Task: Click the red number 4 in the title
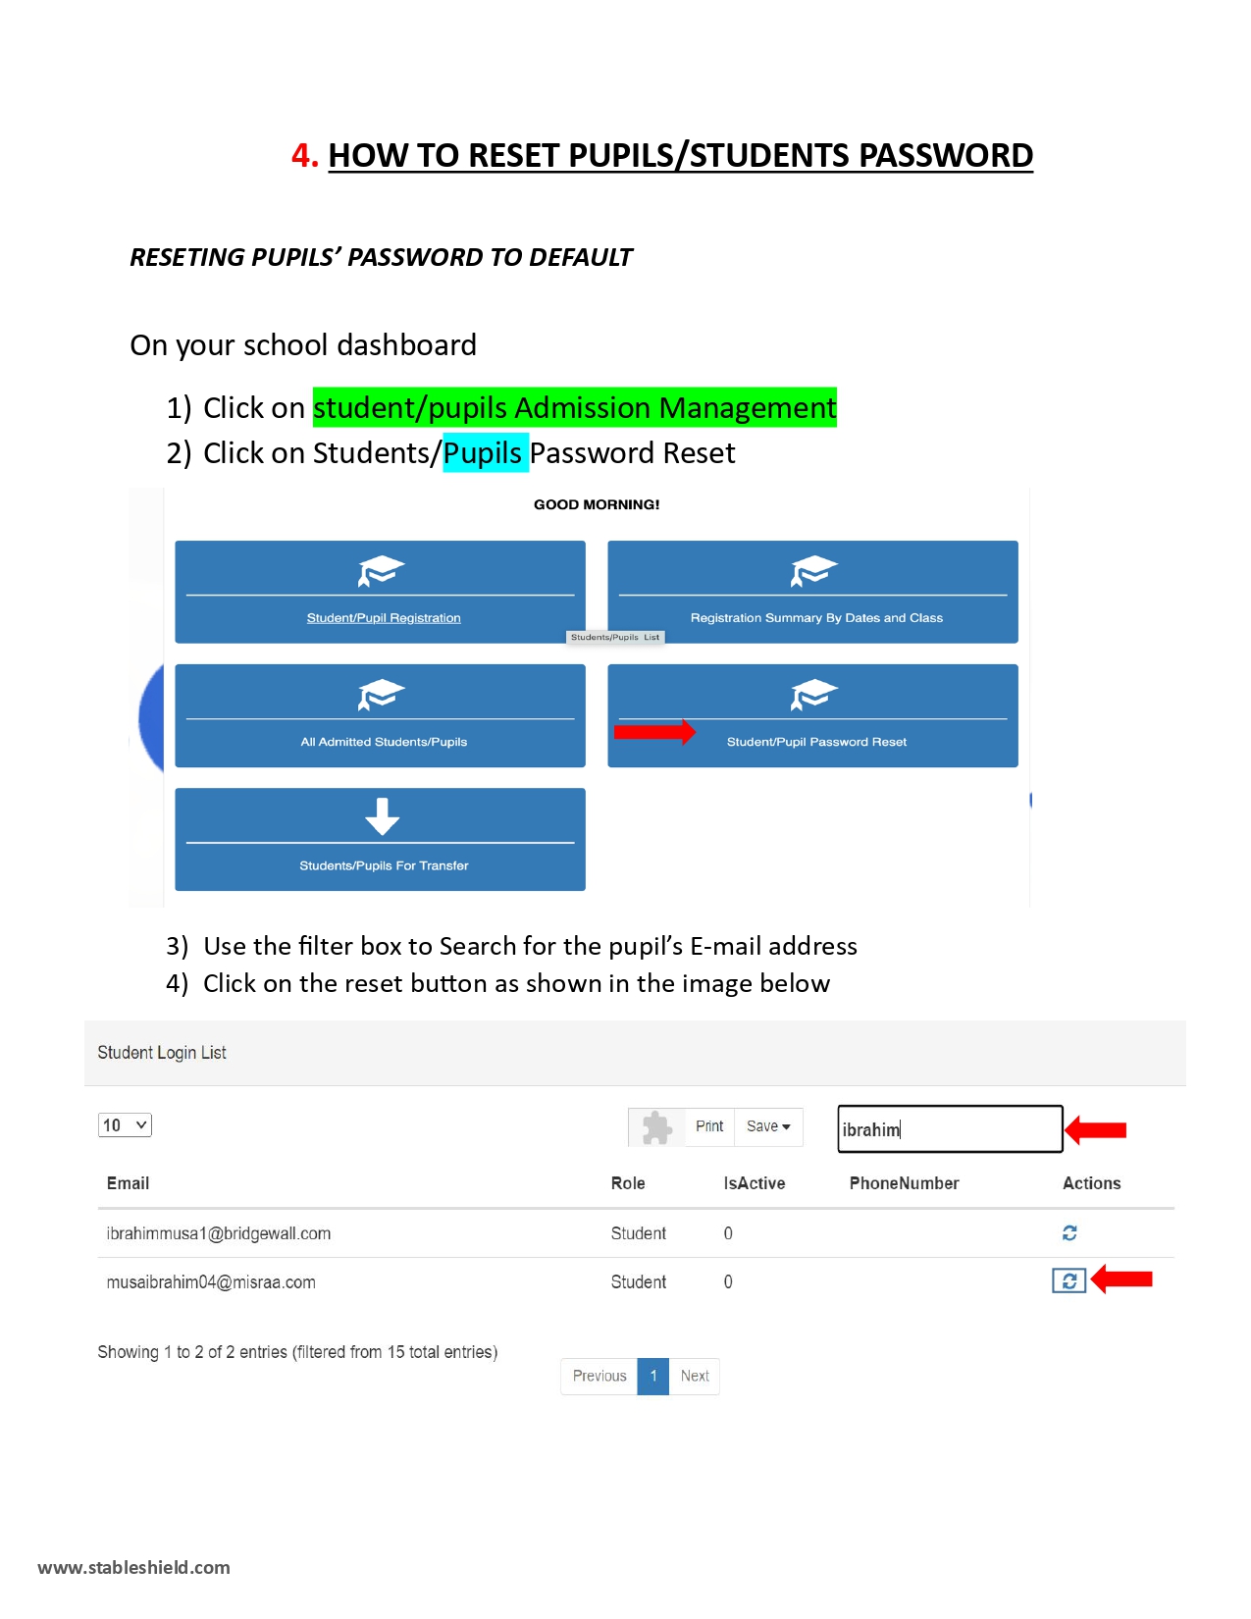point(304,155)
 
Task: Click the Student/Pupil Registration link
point(384,617)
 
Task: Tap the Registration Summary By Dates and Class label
point(816,617)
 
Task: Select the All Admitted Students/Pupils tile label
point(384,742)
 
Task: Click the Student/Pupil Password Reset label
point(816,742)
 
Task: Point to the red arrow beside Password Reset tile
point(654,732)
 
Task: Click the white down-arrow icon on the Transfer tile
point(383,815)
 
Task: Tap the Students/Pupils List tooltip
point(614,637)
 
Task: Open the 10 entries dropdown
point(125,1124)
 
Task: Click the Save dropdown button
point(768,1125)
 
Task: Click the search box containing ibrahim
point(949,1128)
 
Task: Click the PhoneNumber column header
point(904,1182)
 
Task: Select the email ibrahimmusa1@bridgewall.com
point(218,1233)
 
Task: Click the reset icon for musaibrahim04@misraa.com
point(1069,1280)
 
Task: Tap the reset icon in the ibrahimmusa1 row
point(1069,1232)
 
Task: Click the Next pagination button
point(695,1376)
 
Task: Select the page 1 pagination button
point(652,1376)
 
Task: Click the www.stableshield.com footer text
point(133,1567)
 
